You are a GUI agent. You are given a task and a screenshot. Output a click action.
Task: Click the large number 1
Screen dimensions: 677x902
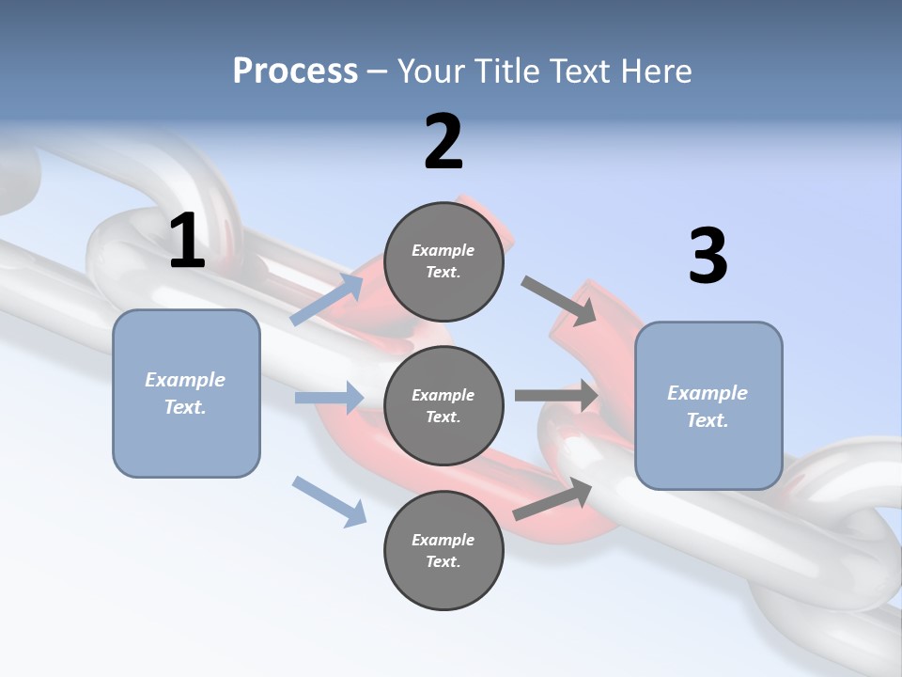[x=187, y=241]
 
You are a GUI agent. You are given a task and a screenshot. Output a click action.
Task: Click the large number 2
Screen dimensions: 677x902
[x=443, y=141]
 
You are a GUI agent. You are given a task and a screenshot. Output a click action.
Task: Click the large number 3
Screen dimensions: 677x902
[x=708, y=256]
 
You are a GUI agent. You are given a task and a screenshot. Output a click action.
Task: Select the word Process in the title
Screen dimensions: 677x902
[x=295, y=71]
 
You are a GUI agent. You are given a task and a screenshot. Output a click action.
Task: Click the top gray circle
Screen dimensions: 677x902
[x=443, y=261]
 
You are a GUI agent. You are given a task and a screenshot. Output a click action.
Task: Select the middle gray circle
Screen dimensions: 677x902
[x=443, y=405]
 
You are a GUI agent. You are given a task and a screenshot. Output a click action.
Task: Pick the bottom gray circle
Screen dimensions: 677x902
[x=443, y=550]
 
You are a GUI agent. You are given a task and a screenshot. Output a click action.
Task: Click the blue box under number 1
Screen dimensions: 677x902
[x=186, y=393]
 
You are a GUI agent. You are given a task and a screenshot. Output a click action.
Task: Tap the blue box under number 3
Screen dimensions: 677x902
[x=708, y=405]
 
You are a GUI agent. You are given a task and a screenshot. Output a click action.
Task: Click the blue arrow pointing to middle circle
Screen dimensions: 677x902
[x=329, y=398]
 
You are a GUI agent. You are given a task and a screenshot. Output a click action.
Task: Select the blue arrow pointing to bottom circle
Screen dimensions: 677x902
[x=329, y=500]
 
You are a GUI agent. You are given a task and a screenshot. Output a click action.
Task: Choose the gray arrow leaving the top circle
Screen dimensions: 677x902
[x=558, y=300]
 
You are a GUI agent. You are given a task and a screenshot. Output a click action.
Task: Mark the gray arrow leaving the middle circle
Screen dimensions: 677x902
[x=556, y=396]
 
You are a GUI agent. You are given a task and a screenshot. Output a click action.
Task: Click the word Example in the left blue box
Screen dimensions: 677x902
[x=185, y=380]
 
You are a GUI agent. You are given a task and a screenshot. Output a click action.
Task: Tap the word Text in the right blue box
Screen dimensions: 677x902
[x=706, y=420]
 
